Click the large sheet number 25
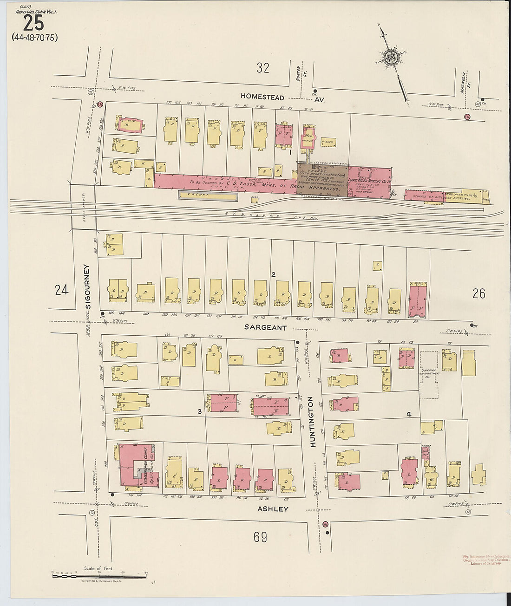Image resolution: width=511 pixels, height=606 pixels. pos(33,22)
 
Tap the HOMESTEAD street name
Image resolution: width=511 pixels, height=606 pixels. pos(262,97)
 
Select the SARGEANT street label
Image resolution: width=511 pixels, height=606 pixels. pos(266,327)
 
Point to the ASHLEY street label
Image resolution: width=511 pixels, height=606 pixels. pos(273,509)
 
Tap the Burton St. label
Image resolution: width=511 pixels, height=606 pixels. pos(298,73)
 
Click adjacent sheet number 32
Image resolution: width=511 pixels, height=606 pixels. pos(263,68)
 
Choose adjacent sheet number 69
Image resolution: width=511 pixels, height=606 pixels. pos(260,537)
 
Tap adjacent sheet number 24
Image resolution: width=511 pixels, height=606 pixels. pos(61,290)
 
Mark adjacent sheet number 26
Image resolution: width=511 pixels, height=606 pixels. pos(478,293)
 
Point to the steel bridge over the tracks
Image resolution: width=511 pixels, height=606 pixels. pos(84,207)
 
